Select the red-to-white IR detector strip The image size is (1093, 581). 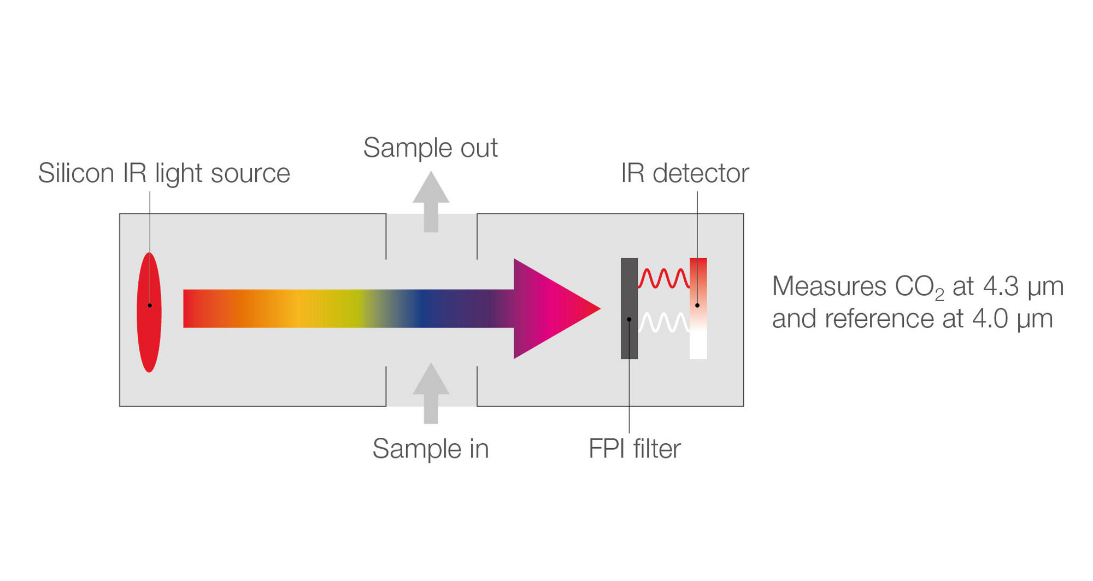(x=698, y=328)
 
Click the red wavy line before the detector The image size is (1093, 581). (x=663, y=278)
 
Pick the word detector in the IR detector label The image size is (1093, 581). (x=701, y=173)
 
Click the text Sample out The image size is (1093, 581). (x=430, y=148)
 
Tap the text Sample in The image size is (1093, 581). (x=430, y=449)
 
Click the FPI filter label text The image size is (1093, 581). (x=634, y=449)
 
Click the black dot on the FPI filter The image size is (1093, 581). (x=629, y=319)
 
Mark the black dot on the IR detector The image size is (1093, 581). (x=697, y=305)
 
